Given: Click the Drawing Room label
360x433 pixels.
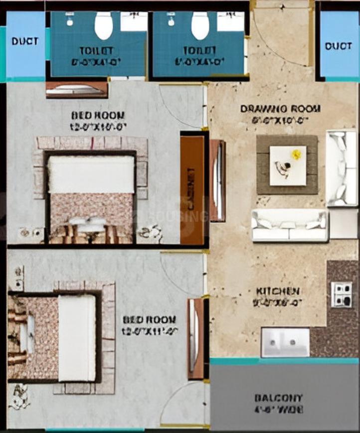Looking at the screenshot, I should point(280,109).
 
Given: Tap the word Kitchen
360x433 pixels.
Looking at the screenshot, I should point(278,291).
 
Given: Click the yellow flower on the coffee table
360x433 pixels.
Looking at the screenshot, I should point(297,154).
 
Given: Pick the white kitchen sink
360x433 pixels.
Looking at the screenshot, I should point(285,342).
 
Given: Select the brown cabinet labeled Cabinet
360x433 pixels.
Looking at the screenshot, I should point(192,189).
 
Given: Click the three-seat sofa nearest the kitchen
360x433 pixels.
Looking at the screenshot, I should point(290,225).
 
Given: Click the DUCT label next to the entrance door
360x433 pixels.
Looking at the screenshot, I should point(339,46).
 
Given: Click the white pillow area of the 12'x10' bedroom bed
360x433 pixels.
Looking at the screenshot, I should point(91,174).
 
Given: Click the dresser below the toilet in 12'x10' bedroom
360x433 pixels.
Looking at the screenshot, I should point(76,90).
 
